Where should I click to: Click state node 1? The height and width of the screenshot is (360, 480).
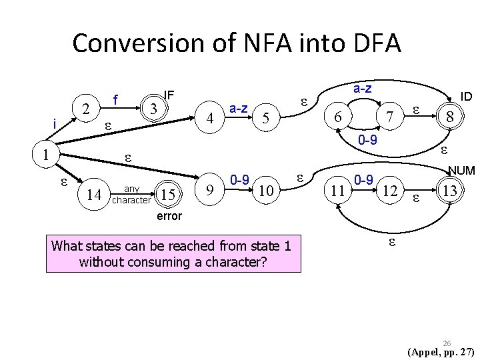tap(44, 155)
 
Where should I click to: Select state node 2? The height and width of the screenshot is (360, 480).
tap(85, 109)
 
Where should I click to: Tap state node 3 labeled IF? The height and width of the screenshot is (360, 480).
tap(153, 108)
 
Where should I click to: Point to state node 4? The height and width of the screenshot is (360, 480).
tap(211, 119)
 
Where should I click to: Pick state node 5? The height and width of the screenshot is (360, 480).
tap(265, 119)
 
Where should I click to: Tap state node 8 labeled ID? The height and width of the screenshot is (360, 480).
tap(450, 117)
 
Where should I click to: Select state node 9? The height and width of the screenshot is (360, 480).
tap(211, 192)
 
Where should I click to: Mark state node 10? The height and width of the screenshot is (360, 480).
tap(265, 192)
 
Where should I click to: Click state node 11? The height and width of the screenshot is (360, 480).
tap(338, 192)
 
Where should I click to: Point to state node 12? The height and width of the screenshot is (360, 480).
tap(391, 192)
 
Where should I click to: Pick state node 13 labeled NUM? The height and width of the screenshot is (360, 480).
tap(450, 192)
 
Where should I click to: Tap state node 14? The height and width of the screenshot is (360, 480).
tap(95, 194)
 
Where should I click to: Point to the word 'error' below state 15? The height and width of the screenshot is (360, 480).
tap(169, 217)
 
